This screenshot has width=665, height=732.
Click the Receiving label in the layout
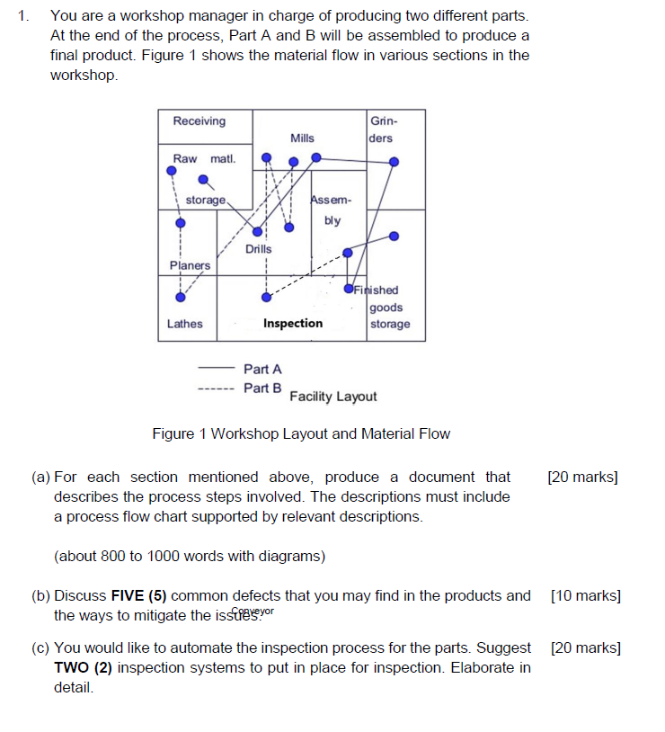(199, 121)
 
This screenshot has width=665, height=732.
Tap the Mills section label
(303, 138)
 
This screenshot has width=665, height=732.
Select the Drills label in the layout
(258, 248)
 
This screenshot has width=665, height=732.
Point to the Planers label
(190, 265)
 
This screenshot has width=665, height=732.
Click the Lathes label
(185, 324)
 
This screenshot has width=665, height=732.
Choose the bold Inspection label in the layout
(293, 324)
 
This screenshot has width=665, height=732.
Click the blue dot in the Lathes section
(181, 297)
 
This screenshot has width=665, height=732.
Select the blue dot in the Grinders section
(394, 162)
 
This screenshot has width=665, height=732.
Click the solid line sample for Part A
(216, 369)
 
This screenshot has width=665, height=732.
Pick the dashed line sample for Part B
(216, 388)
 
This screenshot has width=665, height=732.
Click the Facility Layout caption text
(333, 397)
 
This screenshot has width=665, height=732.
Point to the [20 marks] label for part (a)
(582, 478)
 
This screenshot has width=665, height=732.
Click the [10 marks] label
(585, 595)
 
